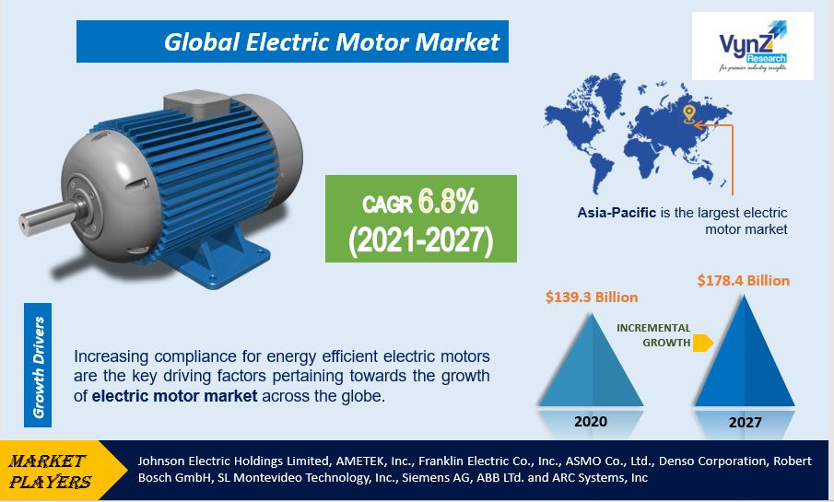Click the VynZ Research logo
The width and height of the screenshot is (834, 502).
(x=752, y=46)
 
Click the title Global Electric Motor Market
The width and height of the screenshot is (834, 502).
(x=332, y=42)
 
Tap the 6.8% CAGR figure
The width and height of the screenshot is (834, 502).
(x=448, y=202)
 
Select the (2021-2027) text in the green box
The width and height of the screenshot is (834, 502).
(x=421, y=239)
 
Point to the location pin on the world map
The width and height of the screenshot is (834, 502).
(x=688, y=114)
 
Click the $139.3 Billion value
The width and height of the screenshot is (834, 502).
(x=592, y=297)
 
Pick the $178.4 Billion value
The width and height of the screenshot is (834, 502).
(x=744, y=280)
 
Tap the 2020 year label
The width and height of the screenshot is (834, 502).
(x=591, y=421)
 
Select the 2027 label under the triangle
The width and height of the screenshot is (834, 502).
(x=746, y=422)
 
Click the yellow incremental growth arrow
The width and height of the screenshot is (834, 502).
(x=702, y=343)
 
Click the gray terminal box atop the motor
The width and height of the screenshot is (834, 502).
(x=197, y=105)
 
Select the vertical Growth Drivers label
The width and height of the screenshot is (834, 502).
(x=39, y=367)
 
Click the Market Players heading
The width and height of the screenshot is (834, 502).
(x=50, y=472)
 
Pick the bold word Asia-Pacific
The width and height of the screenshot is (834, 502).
(x=617, y=213)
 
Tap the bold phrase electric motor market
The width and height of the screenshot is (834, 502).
(x=174, y=396)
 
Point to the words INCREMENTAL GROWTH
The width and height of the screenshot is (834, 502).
(x=653, y=335)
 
